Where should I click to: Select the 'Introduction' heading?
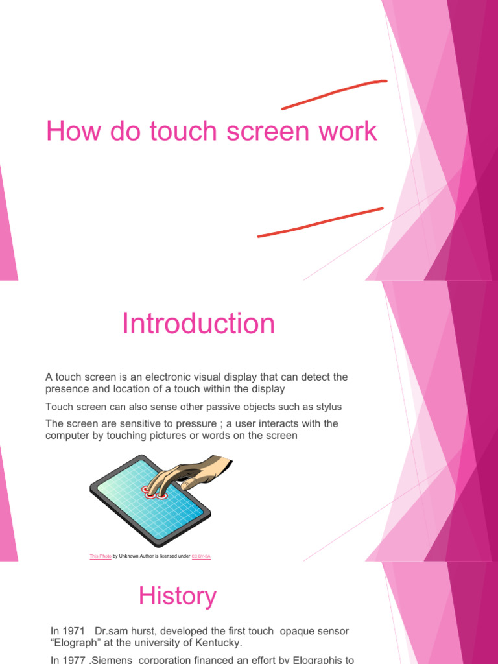tap(198, 324)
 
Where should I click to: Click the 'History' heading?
tap(178, 596)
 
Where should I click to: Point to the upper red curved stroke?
tap(334, 93)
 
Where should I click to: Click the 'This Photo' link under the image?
tap(101, 556)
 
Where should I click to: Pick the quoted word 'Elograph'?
tap(77, 643)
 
